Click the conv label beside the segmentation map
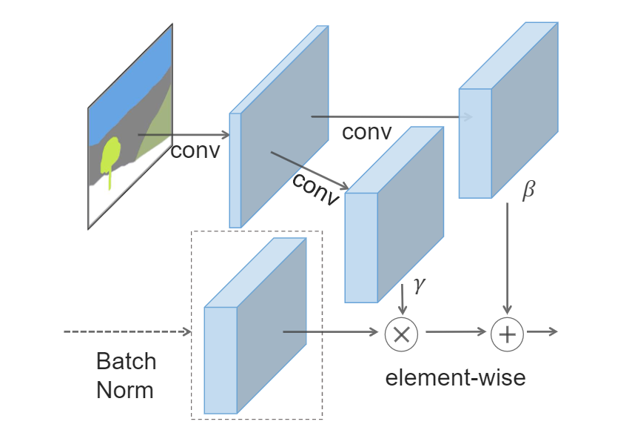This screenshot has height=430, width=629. (x=195, y=150)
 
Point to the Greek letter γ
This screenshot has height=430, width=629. (x=420, y=285)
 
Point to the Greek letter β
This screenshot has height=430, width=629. (x=528, y=191)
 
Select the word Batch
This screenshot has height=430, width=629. (x=126, y=361)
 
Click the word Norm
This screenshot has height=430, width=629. (x=125, y=389)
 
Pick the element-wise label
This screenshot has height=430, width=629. (x=455, y=377)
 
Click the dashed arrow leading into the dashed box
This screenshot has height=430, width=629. (x=126, y=332)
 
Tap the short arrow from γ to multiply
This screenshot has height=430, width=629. (x=402, y=300)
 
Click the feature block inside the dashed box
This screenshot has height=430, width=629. (x=255, y=326)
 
